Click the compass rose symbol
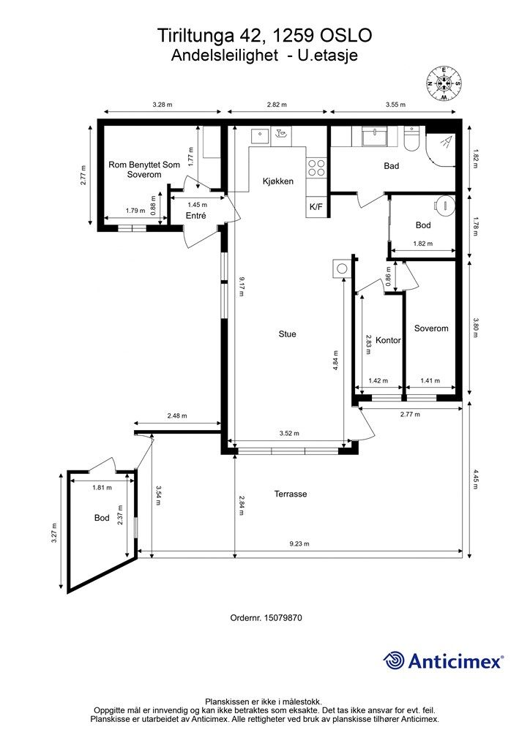pyautogui.click(x=444, y=83)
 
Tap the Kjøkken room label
pyautogui.click(x=278, y=181)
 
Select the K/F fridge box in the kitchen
pyautogui.click(x=316, y=207)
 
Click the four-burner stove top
pyautogui.click(x=316, y=168)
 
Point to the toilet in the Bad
pyautogui.click(x=411, y=137)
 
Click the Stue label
pyautogui.click(x=287, y=334)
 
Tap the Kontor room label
pyautogui.click(x=388, y=340)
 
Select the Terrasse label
pyautogui.click(x=291, y=494)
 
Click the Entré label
pyautogui.click(x=196, y=216)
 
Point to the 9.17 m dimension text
pyautogui.click(x=242, y=285)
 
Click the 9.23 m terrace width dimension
pyautogui.click(x=299, y=543)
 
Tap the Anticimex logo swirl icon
pyautogui.click(x=394, y=661)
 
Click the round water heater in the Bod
pyautogui.click(x=444, y=206)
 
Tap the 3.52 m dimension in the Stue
pyautogui.click(x=289, y=433)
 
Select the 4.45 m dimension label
pyautogui.click(x=475, y=479)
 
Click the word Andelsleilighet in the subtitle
pyautogui.click(x=225, y=56)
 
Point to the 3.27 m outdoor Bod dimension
pyautogui.click(x=54, y=532)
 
